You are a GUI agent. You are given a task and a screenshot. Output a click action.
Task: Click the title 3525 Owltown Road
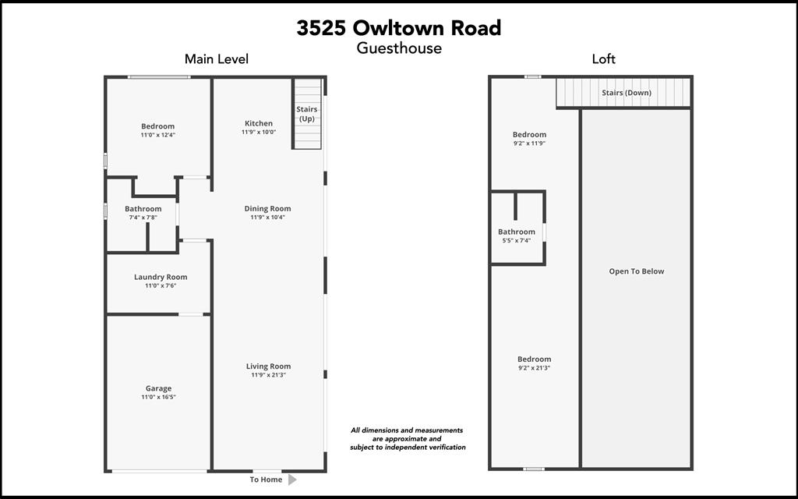[x=398, y=28]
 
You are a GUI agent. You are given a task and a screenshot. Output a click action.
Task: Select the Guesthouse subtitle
[x=399, y=48]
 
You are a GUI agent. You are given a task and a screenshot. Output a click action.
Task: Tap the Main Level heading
[x=216, y=59]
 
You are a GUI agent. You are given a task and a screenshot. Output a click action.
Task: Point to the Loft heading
[x=603, y=59]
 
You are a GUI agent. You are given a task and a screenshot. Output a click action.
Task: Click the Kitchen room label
[x=259, y=123]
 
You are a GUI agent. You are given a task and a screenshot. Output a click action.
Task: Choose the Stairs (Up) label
[x=307, y=114]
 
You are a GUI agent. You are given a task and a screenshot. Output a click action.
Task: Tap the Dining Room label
[x=267, y=209]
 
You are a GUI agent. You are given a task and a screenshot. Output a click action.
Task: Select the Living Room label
[x=268, y=366]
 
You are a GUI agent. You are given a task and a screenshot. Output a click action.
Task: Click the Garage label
[x=158, y=388]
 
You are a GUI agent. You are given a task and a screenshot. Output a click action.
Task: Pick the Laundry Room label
[x=161, y=277]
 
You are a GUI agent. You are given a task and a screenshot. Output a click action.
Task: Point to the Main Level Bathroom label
[x=143, y=209]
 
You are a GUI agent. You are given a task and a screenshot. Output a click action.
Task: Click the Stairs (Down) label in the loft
[x=626, y=93]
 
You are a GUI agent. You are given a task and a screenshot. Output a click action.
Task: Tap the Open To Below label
[x=637, y=271]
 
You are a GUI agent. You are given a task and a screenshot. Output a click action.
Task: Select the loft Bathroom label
[x=517, y=232]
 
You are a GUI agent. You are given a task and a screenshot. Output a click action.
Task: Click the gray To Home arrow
[x=292, y=480]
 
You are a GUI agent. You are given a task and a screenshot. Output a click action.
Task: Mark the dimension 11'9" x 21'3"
[x=268, y=376]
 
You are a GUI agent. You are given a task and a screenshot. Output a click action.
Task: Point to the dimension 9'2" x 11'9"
[x=529, y=143]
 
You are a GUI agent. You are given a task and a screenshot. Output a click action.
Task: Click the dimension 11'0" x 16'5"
[x=158, y=398]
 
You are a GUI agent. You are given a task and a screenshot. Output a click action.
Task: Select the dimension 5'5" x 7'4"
[x=517, y=241]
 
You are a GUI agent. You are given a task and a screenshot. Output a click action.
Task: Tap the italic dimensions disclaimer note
[x=408, y=438]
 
